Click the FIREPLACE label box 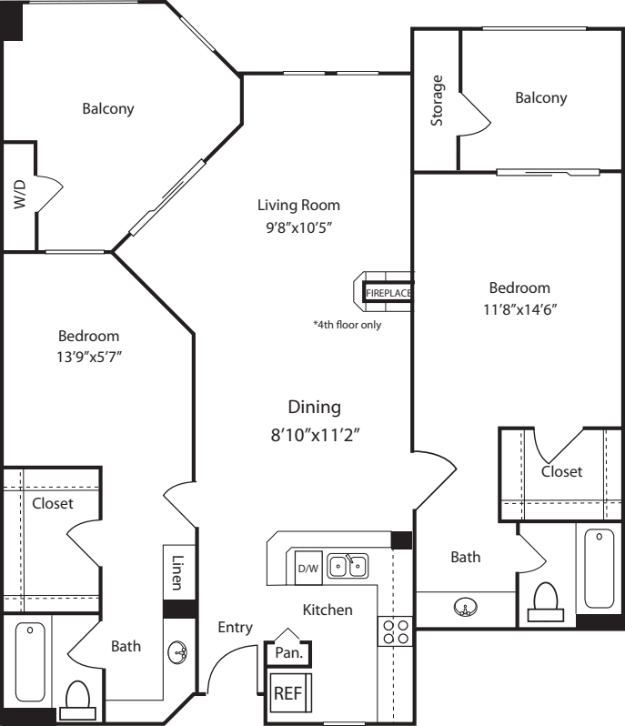388,293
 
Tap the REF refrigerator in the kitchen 289,693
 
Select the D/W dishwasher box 308,568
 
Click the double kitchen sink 348,566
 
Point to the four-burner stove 396,631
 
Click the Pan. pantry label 289,653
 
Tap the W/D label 19,195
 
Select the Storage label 437,100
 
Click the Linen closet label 177,573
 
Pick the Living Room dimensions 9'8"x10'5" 299,227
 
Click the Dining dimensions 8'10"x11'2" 316,435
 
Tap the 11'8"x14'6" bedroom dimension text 519,308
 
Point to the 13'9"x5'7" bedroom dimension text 89,357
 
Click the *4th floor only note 348,325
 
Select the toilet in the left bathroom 77,701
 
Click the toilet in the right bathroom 545,601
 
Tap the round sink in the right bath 466,607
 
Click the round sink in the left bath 177,653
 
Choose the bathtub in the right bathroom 600,568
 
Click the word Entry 236,628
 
